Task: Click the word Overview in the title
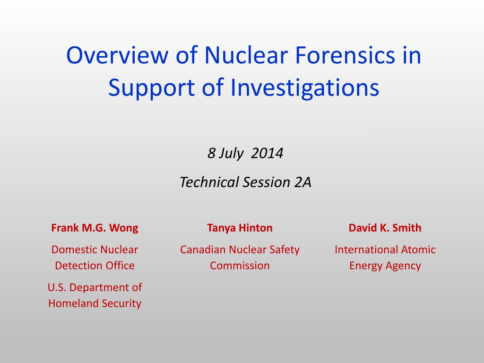pos(117,55)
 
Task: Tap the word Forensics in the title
pos(345,55)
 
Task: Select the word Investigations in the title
pos(305,88)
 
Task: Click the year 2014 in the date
pos(267,153)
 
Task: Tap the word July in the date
pos(231,154)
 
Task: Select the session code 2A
pos(302,182)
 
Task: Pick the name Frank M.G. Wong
pos(95,228)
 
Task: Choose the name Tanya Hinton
pos(240,228)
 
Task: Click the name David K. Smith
pos(385,228)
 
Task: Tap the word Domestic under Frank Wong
pos(74,250)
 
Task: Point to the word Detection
pos(77,266)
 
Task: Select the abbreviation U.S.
pos(57,287)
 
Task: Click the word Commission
pos(240,266)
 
